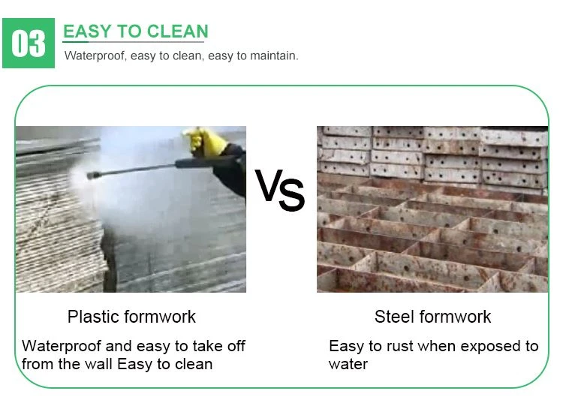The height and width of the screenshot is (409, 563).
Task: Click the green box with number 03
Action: pyautogui.click(x=29, y=43)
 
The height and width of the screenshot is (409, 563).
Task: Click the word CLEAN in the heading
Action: pyautogui.click(x=177, y=32)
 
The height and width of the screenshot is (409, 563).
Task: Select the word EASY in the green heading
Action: pyautogui.click(x=87, y=32)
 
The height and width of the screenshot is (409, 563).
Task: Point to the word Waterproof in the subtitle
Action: pyautogui.click(x=95, y=56)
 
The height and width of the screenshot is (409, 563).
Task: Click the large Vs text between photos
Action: pyautogui.click(x=280, y=191)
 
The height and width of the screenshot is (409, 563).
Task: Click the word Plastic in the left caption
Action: pyautogui.click(x=93, y=317)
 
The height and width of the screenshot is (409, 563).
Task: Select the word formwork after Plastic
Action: pyautogui.click(x=160, y=317)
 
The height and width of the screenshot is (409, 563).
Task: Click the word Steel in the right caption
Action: pyautogui.click(x=394, y=317)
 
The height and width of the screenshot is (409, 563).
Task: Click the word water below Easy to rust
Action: pyautogui.click(x=348, y=365)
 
